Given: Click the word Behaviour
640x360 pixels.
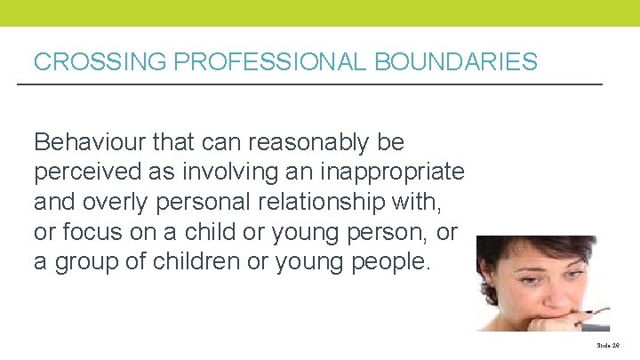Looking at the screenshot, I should (x=89, y=142).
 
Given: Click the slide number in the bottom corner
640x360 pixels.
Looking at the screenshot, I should (x=607, y=344).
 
